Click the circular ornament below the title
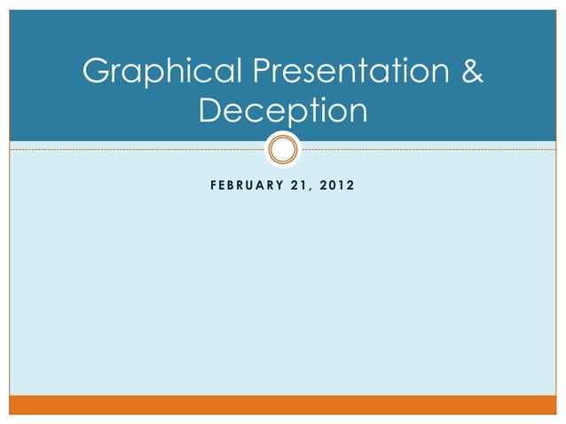click(283, 148)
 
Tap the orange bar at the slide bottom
click(283, 405)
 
